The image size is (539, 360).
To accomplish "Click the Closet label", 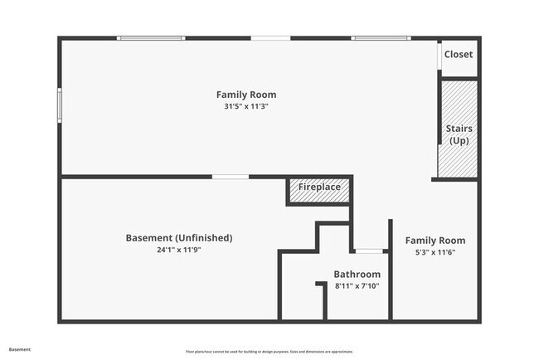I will click(459, 55).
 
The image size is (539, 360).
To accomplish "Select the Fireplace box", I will click(319, 187).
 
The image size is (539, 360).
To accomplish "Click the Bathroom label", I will click(357, 275).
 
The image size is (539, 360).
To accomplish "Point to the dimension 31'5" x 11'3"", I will click(246, 106).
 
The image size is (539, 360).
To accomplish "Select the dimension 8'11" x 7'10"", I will click(357, 286).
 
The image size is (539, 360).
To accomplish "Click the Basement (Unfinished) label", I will click(179, 238).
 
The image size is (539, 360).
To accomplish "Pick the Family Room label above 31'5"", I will click(246, 95).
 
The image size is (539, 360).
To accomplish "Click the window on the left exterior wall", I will click(59, 106).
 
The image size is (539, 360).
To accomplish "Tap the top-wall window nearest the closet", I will click(380, 38).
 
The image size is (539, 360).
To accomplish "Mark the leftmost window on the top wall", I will click(150, 38).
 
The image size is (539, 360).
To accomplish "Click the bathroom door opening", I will click(370, 250).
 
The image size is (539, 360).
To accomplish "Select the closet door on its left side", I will click(439, 56).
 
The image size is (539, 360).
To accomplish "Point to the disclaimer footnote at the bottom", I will click(269, 350).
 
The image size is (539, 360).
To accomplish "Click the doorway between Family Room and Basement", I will click(230, 177).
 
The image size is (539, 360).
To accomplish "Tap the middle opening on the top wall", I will click(270, 38).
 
